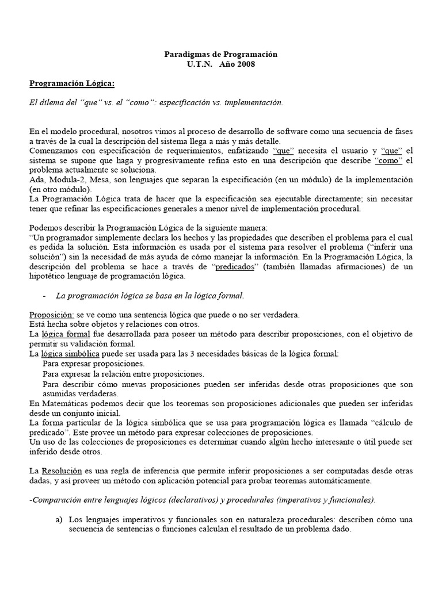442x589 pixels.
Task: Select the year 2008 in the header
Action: coord(244,64)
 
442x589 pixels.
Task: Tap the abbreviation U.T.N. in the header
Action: coord(200,64)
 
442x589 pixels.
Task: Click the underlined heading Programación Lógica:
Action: coord(73,83)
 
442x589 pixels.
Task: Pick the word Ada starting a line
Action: coord(36,179)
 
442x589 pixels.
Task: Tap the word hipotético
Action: coord(51,277)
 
